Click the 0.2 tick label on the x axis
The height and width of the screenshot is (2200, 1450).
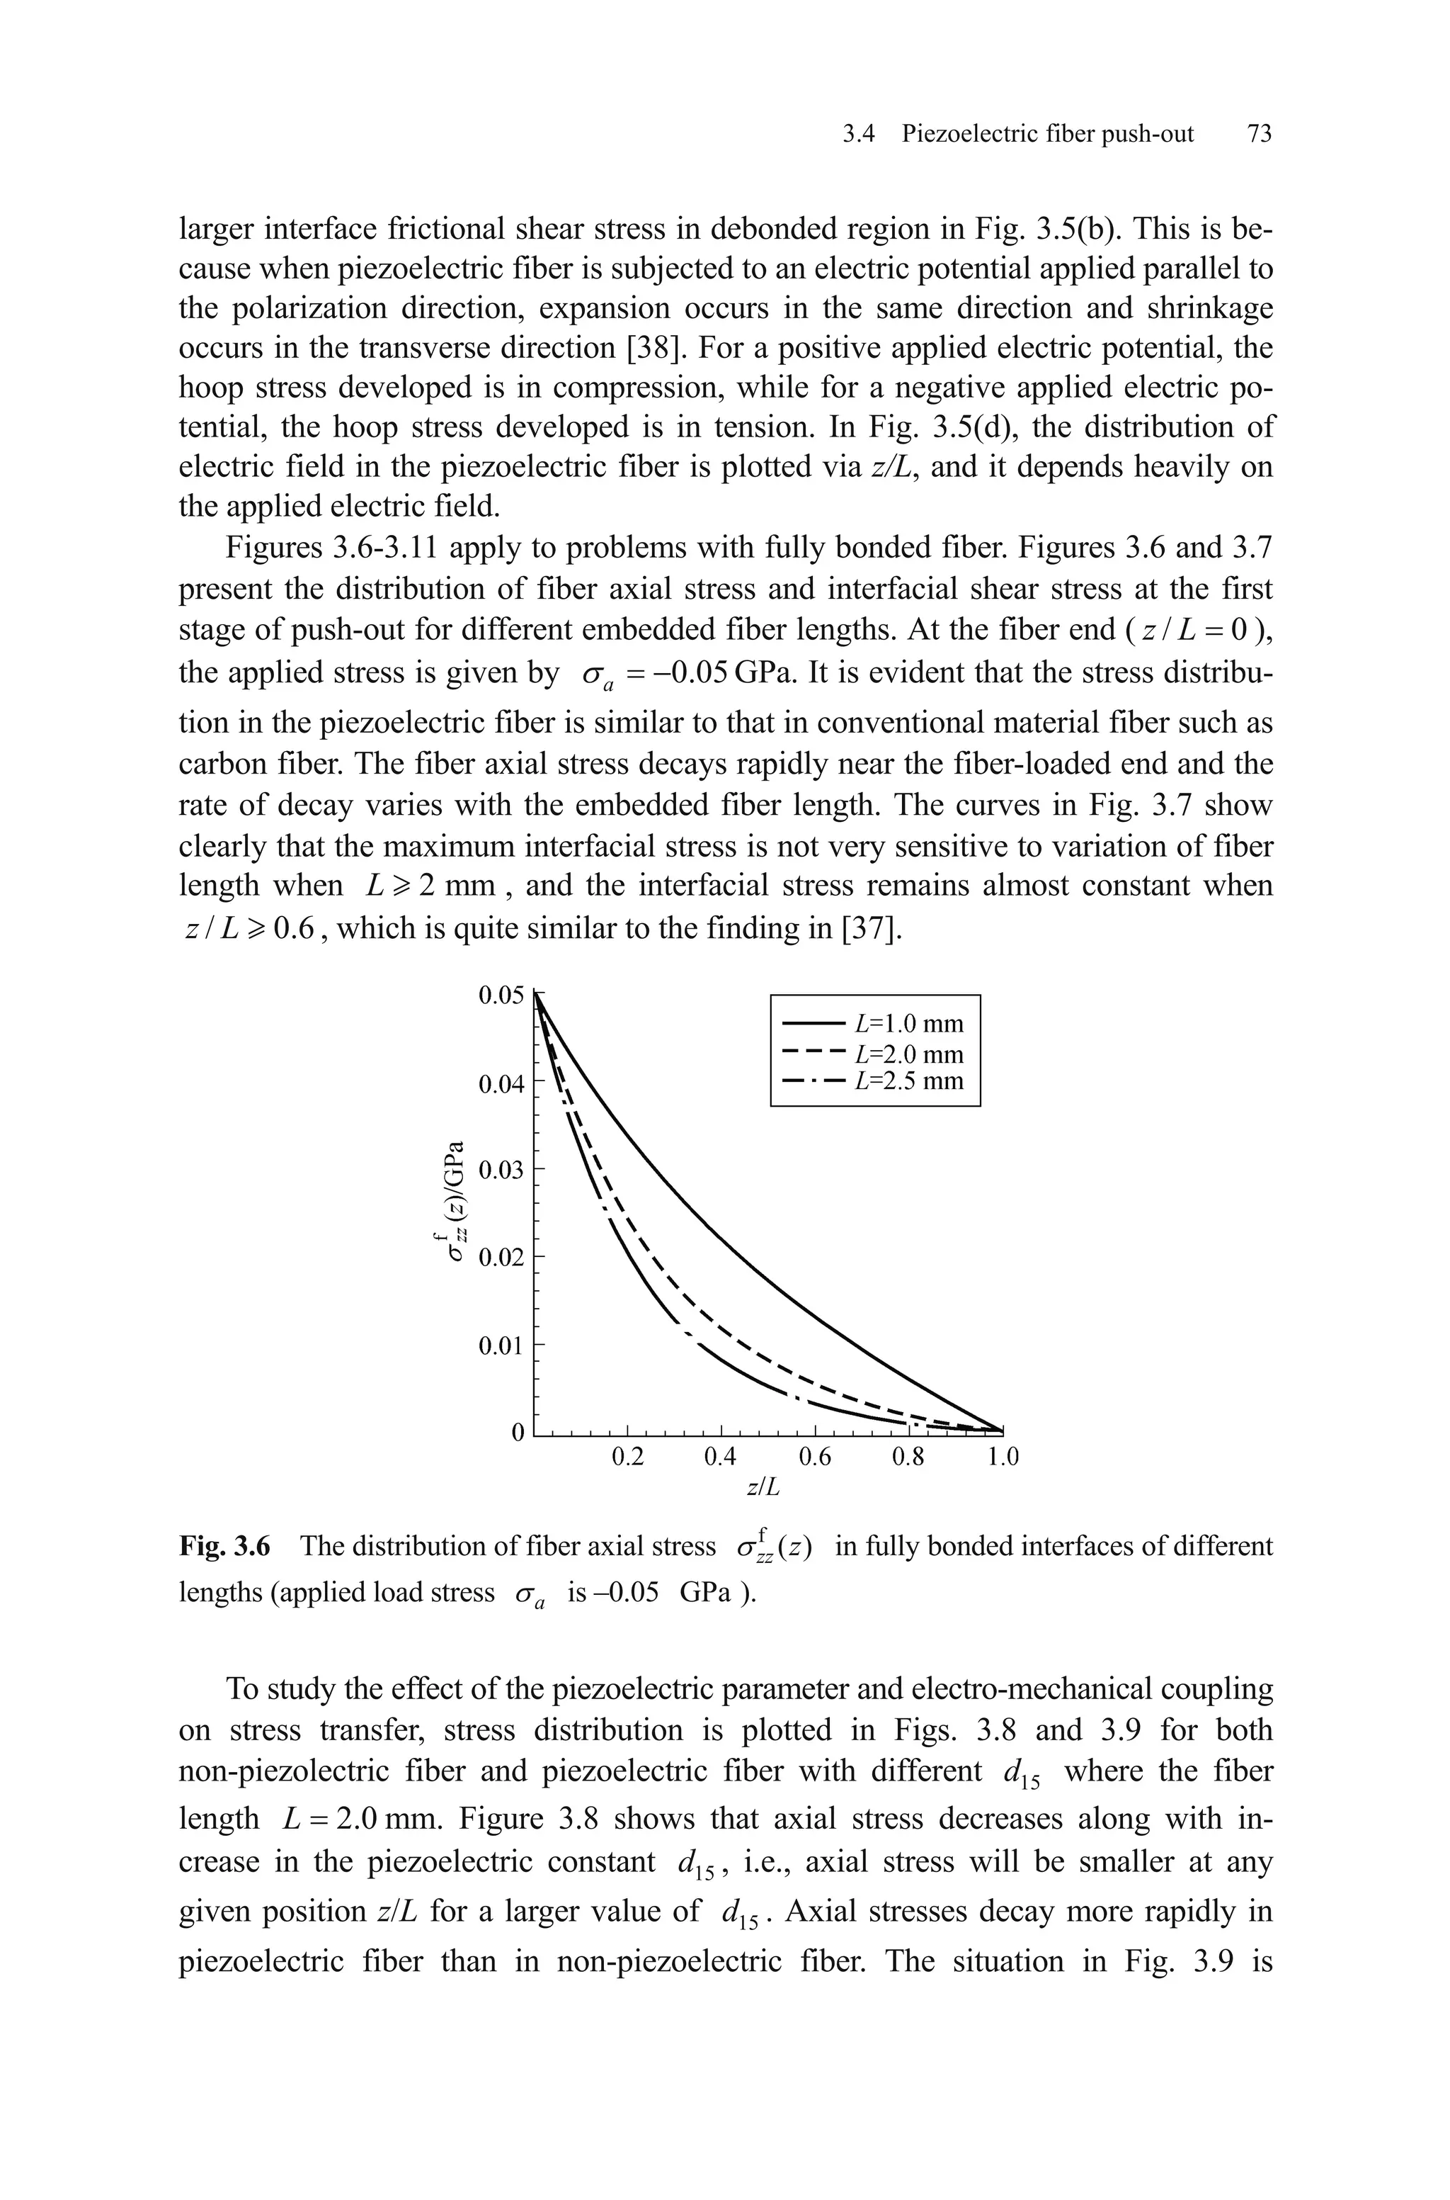point(628,1458)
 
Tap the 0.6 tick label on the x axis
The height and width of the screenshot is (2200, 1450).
point(815,1458)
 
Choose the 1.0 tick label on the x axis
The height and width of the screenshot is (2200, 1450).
point(1003,1458)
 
